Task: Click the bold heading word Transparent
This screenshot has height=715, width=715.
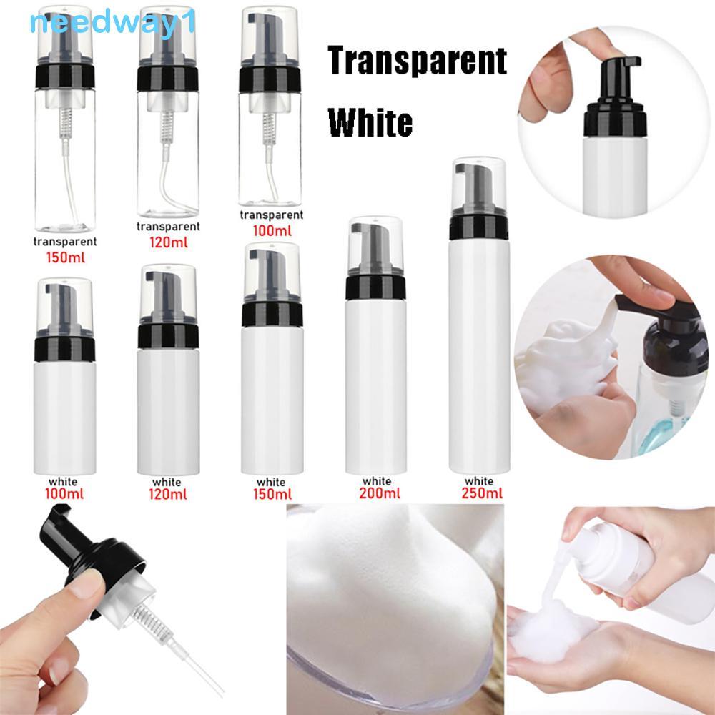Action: tap(418, 60)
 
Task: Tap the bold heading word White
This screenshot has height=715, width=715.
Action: tap(370, 122)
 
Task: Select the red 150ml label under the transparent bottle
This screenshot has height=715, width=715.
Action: tap(65, 257)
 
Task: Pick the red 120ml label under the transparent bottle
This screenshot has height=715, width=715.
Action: tap(168, 242)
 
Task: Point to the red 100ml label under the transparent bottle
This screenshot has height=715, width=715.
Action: tap(272, 231)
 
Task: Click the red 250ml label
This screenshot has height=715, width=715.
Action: tap(481, 493)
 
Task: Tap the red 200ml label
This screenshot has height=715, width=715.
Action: tap(380, 493)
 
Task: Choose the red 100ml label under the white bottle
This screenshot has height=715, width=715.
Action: tap(64, 494)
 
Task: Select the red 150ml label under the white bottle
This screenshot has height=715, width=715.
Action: tap(272, 494)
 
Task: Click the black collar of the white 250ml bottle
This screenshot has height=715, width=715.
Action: tap(478, 226)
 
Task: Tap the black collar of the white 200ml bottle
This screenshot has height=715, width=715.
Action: tap(375, 287)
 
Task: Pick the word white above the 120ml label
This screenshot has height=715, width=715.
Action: tap(167, 482)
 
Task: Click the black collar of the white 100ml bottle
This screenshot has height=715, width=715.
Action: tap(65, 349)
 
